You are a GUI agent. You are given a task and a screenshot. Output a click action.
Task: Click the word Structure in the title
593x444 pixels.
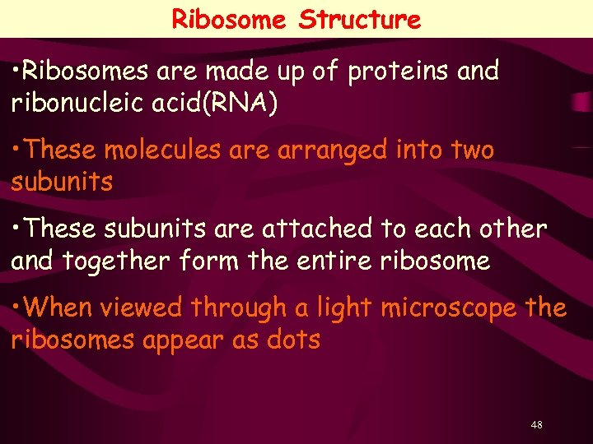click(x=360, y=19)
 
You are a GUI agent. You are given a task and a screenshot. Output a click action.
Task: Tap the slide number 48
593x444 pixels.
click(x=537, y=424)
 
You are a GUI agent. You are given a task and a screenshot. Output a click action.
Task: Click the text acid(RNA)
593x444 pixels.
click(x=230, y=104)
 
